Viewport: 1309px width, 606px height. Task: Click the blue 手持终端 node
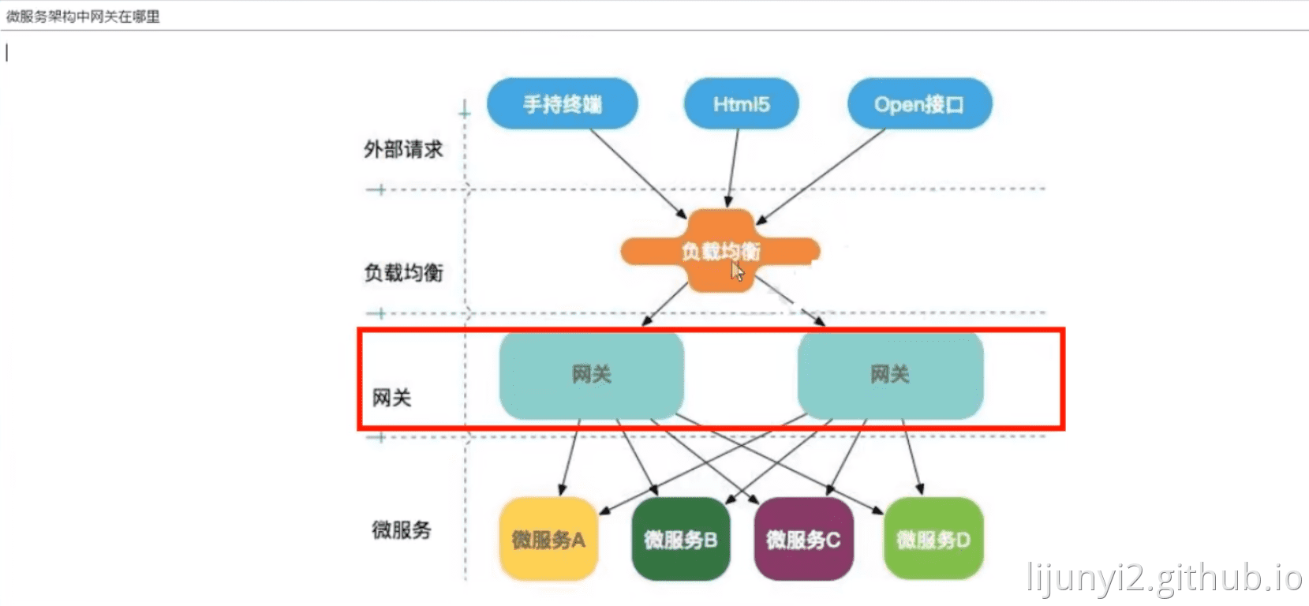[562, 103]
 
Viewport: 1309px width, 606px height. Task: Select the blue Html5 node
[741, 103]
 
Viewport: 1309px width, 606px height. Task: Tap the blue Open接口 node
[919, 103]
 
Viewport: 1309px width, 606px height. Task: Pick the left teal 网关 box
[592, 375]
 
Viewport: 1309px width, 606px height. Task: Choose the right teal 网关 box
[890, 375]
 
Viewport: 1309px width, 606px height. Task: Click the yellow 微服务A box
[548, 540]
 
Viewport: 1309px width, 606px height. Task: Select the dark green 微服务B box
[680, 540]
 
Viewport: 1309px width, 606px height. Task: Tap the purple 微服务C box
[803, 540]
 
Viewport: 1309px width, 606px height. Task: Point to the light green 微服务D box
[933, 540]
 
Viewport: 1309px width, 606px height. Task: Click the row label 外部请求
[403, 149]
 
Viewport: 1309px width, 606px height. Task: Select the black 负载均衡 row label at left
[403, 273]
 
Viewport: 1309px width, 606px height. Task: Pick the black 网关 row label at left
[392, 398]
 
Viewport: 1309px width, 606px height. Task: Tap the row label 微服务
[402, 529]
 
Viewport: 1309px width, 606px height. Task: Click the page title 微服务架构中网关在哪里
[83, 17]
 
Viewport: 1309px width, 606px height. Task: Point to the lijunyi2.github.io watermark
[1164, 578]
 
